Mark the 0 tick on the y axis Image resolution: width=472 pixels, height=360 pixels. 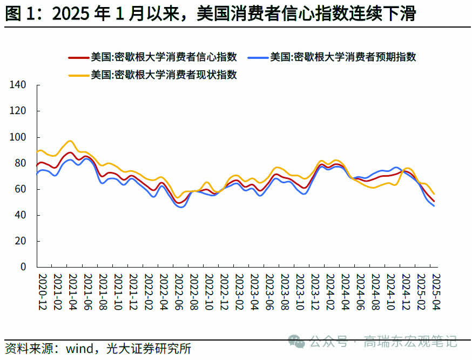coord(23,267)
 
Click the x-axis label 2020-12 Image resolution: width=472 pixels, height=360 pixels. coord(43,292)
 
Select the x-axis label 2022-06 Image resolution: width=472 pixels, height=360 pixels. coord(178,292)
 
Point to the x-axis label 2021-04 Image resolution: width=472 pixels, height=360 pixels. coord(73,292)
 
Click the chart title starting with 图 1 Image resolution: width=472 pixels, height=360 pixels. coord(211,14)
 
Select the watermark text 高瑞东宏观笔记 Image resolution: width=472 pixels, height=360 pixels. coord(410,342)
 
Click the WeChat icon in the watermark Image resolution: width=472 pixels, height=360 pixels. coord(295,341)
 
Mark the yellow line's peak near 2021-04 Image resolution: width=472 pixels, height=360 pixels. coord(70,141)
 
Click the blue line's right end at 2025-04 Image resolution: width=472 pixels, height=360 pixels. coord(434,205)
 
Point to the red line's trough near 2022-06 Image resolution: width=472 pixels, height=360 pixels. coord(179,203)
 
